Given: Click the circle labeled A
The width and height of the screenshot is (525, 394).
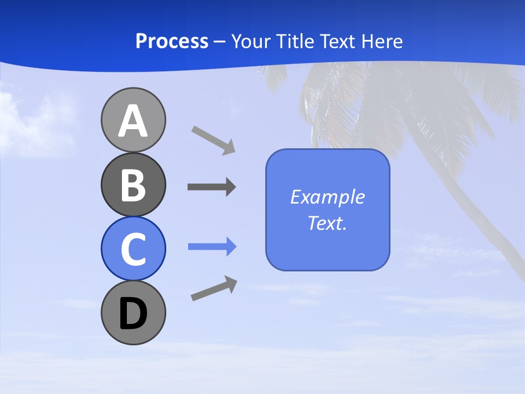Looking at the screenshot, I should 133,120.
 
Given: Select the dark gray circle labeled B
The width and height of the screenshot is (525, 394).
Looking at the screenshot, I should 133,184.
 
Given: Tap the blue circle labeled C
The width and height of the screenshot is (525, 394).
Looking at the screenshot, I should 133,248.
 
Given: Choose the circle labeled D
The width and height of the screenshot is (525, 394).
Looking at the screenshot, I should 133,312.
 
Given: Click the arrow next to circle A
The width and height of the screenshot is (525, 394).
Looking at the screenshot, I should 213,140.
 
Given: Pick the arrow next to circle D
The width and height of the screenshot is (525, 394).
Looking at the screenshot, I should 214,288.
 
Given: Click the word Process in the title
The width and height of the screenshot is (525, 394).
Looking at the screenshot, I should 172,42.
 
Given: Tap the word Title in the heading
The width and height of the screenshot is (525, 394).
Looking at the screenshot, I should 295,42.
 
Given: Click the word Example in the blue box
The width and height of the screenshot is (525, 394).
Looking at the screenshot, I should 327,197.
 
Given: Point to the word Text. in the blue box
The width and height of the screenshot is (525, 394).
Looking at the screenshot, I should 327,223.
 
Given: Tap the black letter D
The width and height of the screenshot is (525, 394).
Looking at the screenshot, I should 133,314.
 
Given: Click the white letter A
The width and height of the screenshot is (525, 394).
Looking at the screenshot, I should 133,121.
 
